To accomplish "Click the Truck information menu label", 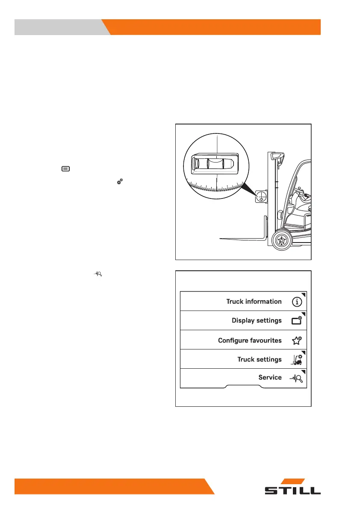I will click(254, 302).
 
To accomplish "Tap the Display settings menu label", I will click(257, 320).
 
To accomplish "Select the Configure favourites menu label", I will click(250, 340).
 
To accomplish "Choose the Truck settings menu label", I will click(260, 359).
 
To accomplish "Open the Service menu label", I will click(270, 378).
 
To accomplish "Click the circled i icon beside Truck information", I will click(298, 302).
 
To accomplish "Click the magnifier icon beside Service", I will click(298, 378).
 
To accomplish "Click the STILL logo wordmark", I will click(292, 491).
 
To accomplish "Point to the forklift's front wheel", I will click(281, 240).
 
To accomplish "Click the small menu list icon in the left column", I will click(65, 169).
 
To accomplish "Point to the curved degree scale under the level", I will click(216, 186).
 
